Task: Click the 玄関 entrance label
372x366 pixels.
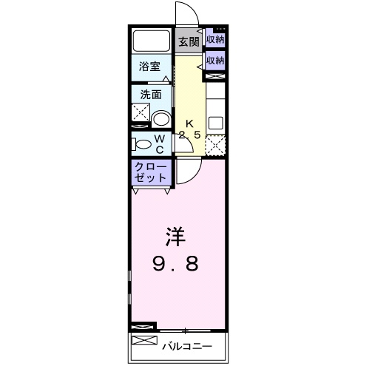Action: [x=189, y=42]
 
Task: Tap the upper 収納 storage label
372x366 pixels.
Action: [x=216, y=40]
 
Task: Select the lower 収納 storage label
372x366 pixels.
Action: [x=216, y=60]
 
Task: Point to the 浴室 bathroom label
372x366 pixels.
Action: [x=151, y=67]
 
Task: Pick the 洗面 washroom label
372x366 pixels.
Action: [x=151, y=95]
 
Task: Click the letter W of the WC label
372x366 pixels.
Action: [x=160, y=137]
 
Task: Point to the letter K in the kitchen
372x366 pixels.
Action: [x=189, y=123]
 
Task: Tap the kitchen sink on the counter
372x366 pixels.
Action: [x=215, y=122]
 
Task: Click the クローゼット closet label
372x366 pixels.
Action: [x=152, y=173]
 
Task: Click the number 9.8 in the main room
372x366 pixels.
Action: [x=176, y=265]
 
